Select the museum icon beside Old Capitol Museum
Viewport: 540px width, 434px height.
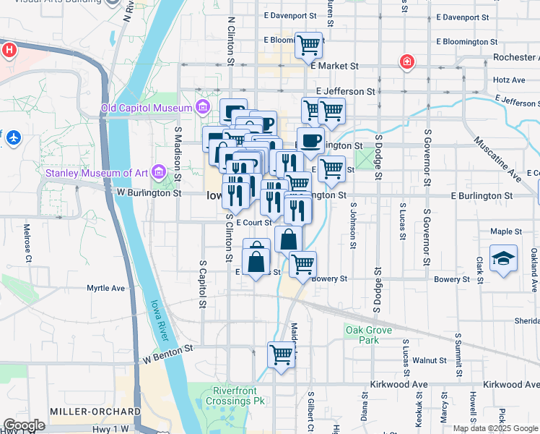click(x=203, y=109)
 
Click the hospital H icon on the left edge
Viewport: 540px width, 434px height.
click(x=8, y=50)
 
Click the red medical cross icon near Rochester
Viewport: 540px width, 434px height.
click(x=408, y=62)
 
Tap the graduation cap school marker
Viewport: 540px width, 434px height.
click(x=502, y=258)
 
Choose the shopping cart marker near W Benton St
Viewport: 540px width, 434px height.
click(x=281, y=354)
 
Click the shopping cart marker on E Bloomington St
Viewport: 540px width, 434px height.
click(x=308, y=45)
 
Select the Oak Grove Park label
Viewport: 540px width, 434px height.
click(x=362, y=335)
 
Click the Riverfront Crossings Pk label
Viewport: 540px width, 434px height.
click(x=240, y=396)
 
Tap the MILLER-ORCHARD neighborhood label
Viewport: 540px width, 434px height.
click(x=94, y=411)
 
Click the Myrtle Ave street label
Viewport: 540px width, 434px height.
click(x=105, y=288)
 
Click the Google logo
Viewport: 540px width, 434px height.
click(x=24, y=425)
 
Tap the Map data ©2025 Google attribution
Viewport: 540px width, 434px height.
click(x=495, y=428)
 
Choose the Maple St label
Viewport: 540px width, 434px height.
click(x=505, y=231)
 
